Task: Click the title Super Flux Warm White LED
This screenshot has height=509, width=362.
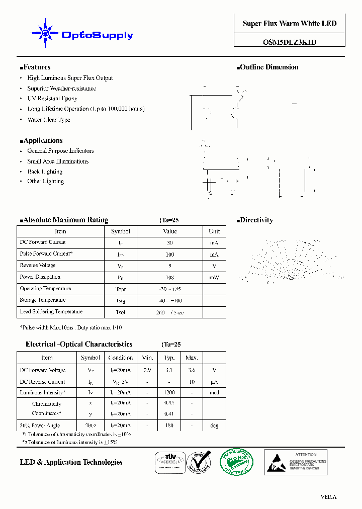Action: point(290,24)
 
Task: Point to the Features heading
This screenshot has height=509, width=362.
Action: point(35,67)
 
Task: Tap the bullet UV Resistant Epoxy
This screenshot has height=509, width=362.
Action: point(52,99)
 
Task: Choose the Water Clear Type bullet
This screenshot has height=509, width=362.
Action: point(49,120)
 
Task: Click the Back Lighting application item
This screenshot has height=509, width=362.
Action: point(45,172)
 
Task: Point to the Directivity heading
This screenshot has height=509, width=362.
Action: point(255,220)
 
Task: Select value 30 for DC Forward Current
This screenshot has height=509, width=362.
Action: point(170,242)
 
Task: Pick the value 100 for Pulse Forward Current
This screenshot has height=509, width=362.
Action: point(170,254)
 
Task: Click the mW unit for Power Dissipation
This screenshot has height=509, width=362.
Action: point(214,278)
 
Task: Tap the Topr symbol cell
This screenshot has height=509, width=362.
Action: point(121,289)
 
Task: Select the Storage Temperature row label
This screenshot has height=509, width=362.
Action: point(45,300)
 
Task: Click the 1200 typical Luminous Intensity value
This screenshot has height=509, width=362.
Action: point(169,393)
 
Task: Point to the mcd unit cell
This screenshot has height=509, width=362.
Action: point(214,393)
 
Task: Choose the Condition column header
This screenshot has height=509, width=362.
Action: point(121,358)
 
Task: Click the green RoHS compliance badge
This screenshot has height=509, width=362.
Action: point(238,462)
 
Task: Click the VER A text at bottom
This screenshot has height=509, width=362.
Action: point(328,497)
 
